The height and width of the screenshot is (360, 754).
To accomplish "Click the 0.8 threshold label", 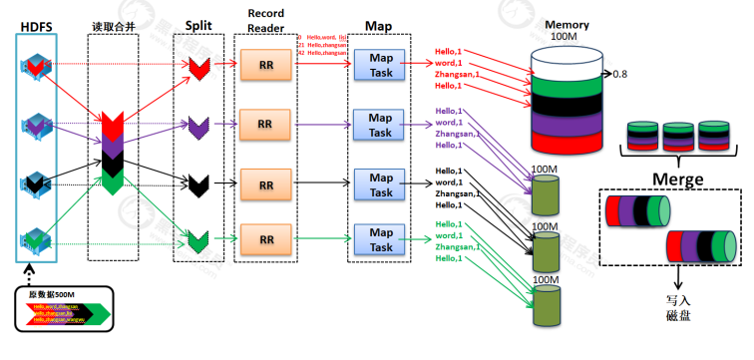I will (x=619, y=74).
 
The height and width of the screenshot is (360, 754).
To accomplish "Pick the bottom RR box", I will (x=266, y=239).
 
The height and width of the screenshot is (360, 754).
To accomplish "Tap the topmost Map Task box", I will (x=381, y=66).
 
